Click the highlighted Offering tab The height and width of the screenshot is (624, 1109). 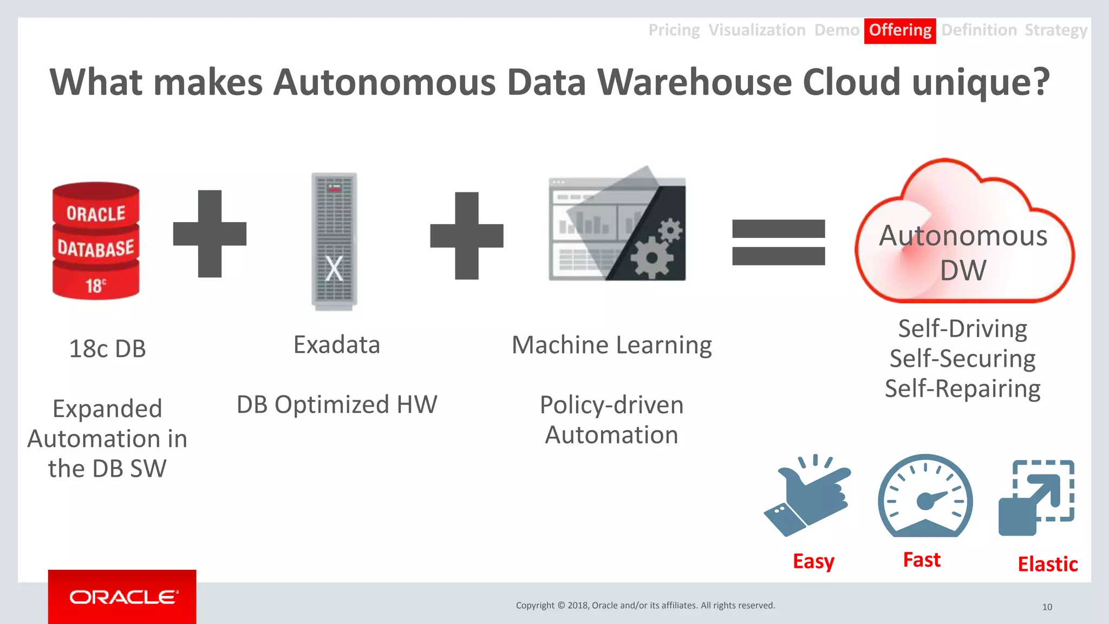coord(900,30)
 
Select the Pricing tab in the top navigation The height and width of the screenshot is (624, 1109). coord(674,30)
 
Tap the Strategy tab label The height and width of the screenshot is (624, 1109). coord(1055,30)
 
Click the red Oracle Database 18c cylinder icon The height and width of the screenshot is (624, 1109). coord(96,241)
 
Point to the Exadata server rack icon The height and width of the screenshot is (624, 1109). coord(334,241)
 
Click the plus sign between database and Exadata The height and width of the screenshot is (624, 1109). coord(210,233)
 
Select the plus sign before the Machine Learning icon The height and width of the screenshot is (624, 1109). coord(467,236)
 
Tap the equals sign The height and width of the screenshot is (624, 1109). coord(778,242)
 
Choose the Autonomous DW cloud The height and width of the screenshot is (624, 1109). coord(963,238)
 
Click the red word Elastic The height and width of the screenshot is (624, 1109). coord(1047,564)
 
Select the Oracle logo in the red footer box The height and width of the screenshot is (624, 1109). coord(123,597)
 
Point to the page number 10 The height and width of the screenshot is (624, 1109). coord(1047,607)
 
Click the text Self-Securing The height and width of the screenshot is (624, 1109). coord(962,359)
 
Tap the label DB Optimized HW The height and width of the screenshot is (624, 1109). coord(337,405)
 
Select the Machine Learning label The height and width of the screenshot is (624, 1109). coord(612,345)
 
